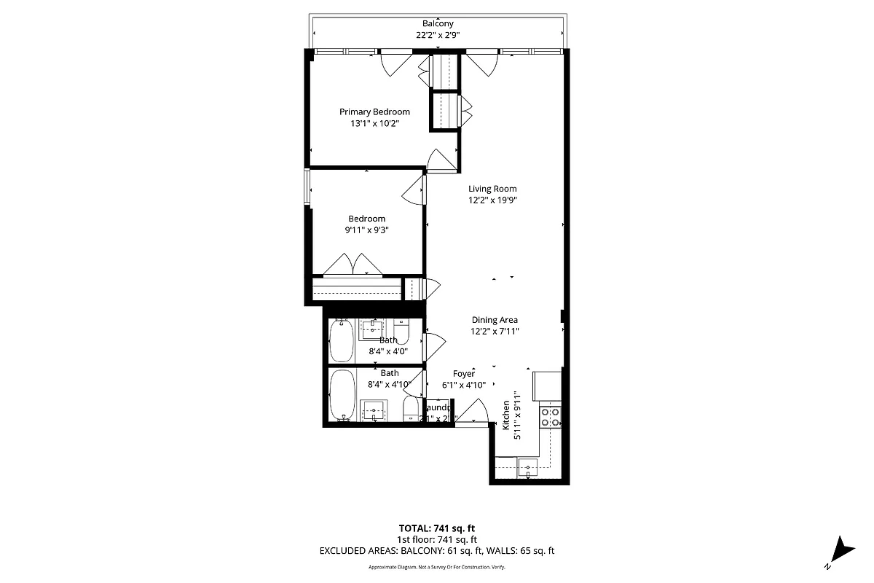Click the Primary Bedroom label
point(374,111)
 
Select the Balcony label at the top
point(438,23)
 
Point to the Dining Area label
point(495,319)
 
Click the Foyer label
point(464,373)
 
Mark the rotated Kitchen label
point(505,415)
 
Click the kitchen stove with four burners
point(550,416)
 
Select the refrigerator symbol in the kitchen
point(546,386)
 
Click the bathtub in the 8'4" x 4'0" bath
point(341,340)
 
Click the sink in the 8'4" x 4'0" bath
point(375,329)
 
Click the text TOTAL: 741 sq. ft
point(437,528)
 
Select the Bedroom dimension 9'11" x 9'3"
point(366,230)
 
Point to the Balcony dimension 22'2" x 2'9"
point(438,34)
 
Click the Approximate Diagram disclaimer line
point(437,567)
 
